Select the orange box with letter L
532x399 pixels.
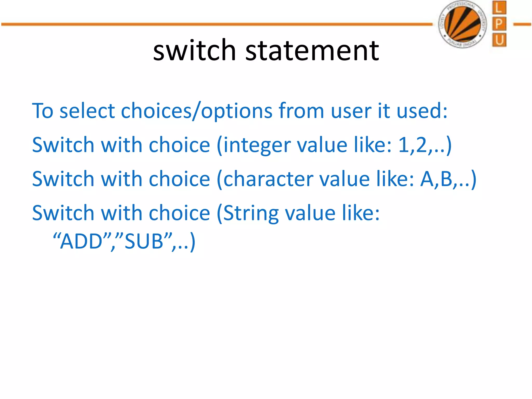click(499, 8)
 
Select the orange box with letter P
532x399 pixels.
click(499, 24)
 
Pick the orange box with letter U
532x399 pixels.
click(499, 40)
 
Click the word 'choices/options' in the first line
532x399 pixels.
click(197, 111)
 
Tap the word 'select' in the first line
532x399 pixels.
click(87, 111)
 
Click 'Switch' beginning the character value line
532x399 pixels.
click(63, 179)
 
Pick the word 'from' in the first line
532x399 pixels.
click(301, 111)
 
